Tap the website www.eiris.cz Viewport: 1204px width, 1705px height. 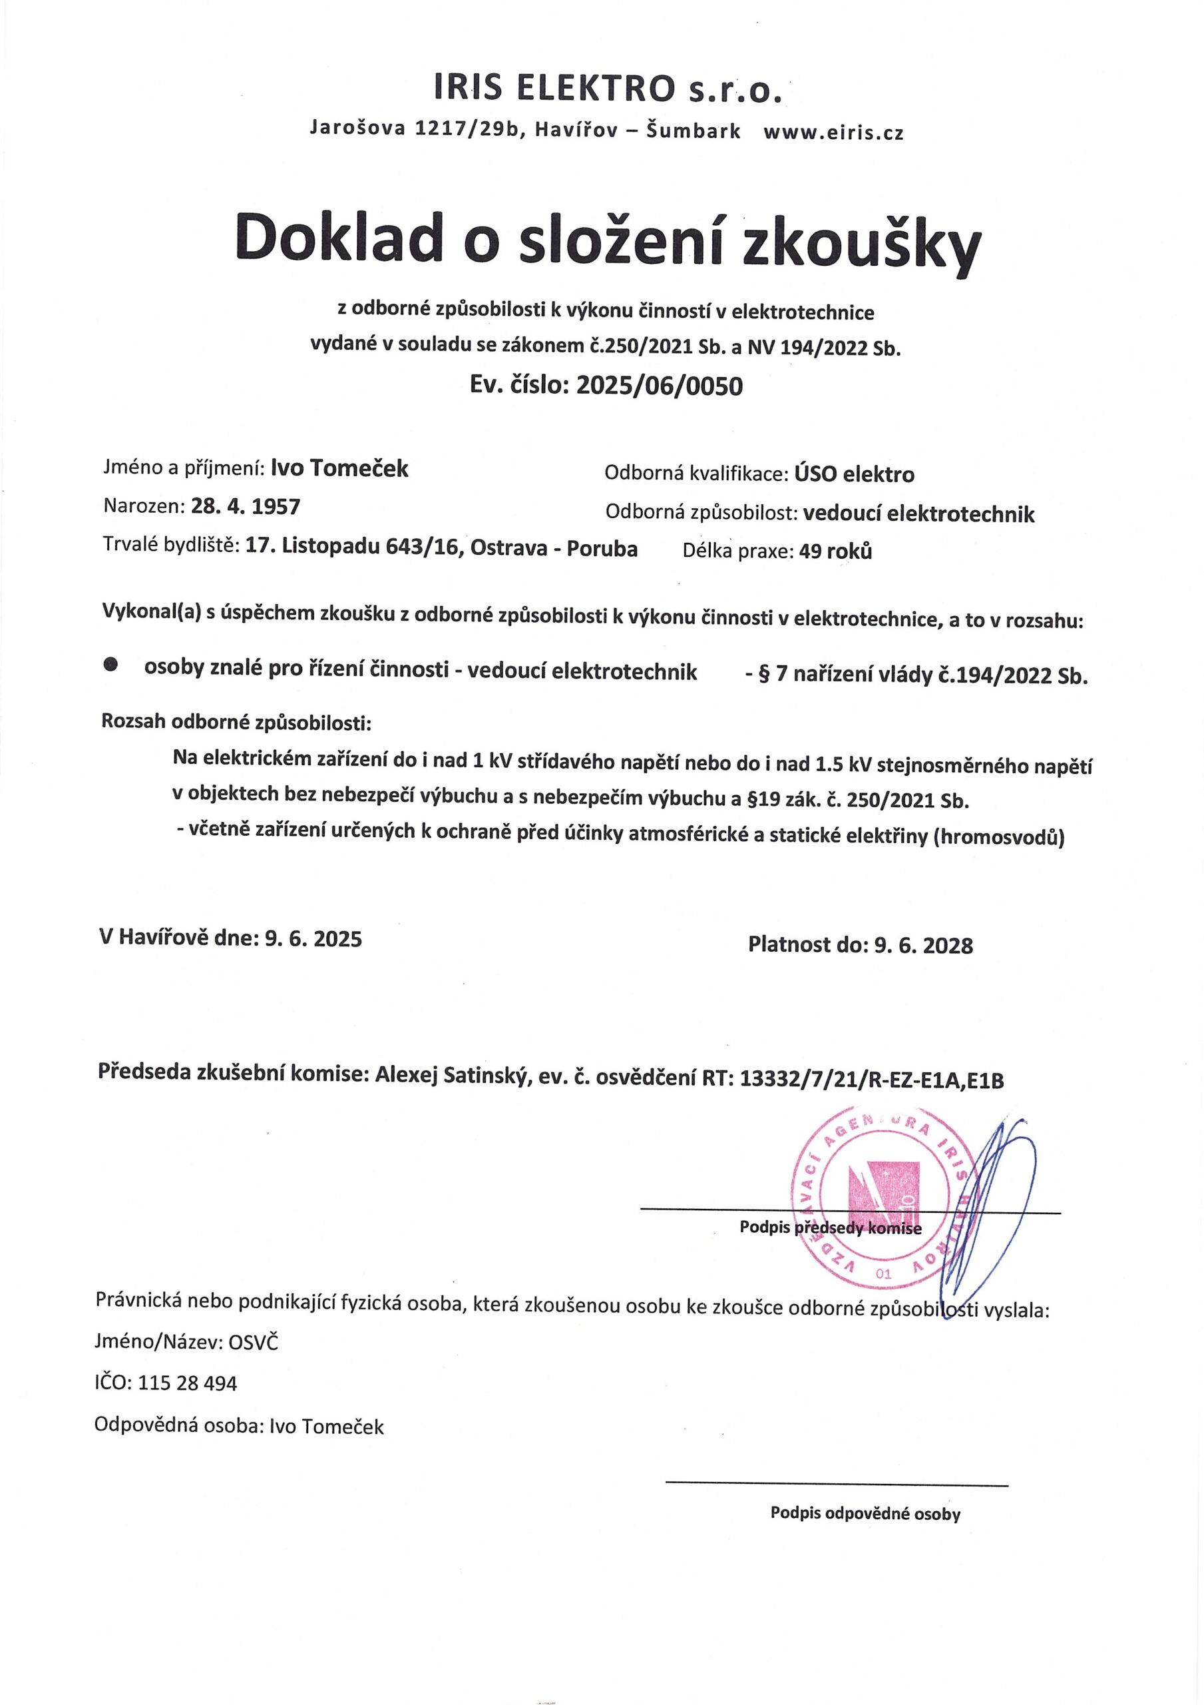833,132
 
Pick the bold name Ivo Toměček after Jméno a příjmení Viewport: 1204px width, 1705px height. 340,469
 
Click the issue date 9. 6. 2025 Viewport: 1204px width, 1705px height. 313,938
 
